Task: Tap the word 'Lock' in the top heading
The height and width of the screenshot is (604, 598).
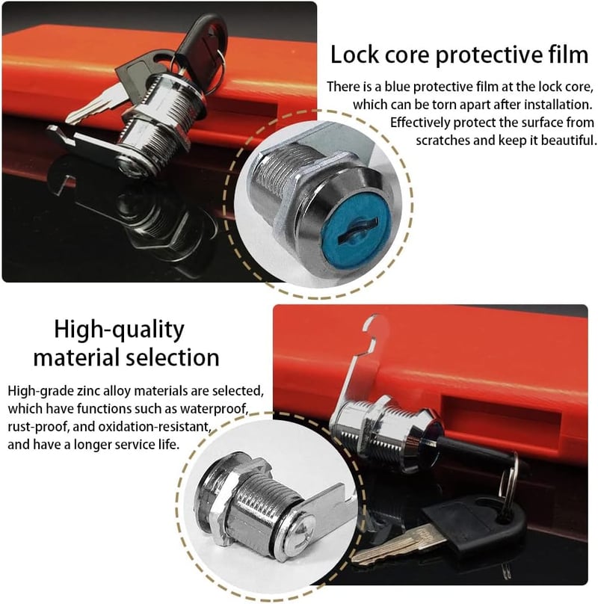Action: coord(354,55)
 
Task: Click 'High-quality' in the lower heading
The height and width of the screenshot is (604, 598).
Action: coord(119,330)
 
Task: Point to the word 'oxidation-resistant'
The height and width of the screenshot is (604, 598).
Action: coord(154,427)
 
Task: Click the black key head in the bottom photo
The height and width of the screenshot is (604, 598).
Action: coord(475,524)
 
